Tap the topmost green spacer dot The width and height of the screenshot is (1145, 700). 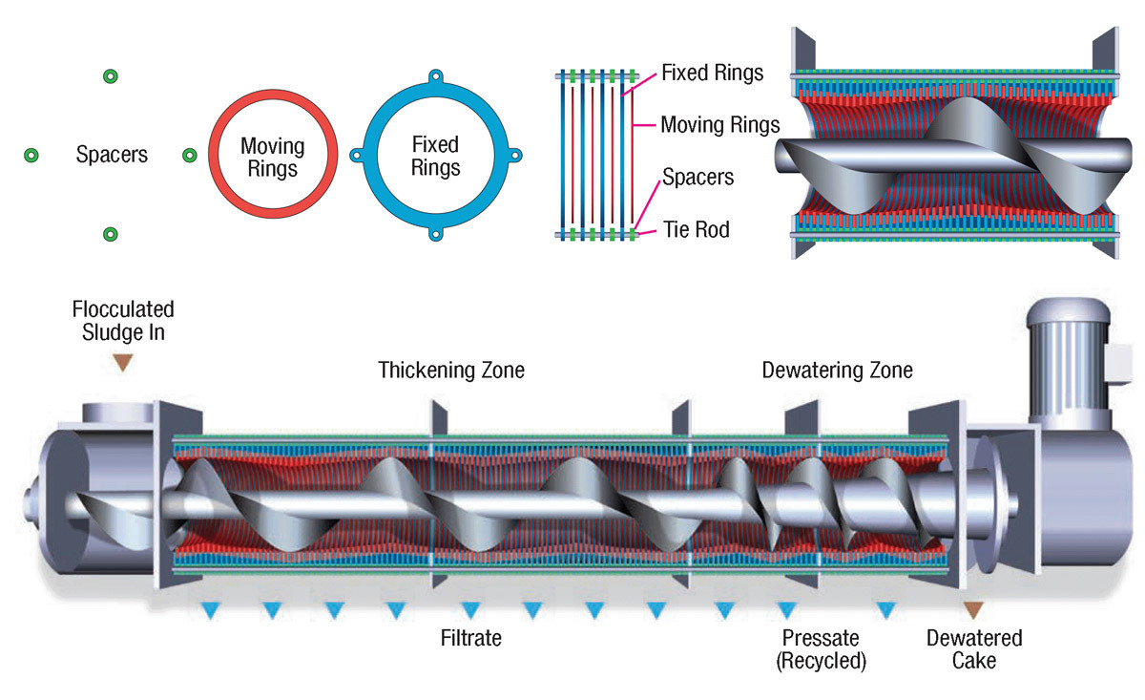tap(110, 75)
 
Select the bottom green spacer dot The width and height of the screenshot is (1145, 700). tap(110, 233)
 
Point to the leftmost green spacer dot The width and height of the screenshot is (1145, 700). tap(31, 155)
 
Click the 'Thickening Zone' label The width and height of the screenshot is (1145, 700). tap(451, 370)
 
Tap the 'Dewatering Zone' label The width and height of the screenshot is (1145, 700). tap(837, 370)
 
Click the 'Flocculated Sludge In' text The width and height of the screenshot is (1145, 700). tap(123, 322)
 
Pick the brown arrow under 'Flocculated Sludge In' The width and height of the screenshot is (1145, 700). tap(122, 363)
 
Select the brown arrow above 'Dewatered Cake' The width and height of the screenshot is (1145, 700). tap(972, 610)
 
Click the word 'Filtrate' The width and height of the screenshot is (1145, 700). tap(471, 637)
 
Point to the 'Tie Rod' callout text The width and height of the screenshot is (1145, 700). tap(697, 230)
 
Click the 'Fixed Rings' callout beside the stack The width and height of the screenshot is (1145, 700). tap(712, 73)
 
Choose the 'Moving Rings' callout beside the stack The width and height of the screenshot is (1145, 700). tap(720, 124)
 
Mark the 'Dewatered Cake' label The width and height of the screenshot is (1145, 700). tap(974, 648)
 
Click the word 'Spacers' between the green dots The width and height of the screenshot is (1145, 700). tap(112, 155)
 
